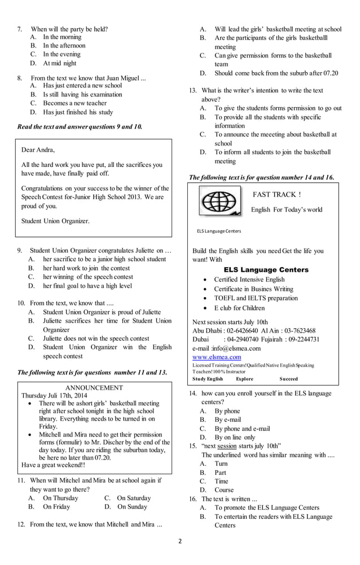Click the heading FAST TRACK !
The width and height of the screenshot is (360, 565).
coord(276,195)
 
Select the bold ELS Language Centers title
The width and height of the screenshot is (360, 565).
coord(266,270)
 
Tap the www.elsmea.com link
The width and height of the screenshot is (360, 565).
coord(217,357)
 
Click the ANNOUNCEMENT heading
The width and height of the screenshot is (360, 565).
coord(94,387)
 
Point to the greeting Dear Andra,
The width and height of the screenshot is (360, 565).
coord(38,149)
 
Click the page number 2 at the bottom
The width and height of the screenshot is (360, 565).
coord(180,541)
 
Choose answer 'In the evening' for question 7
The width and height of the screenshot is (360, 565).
coord(62,54)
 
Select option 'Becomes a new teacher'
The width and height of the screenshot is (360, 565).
coord(74,103)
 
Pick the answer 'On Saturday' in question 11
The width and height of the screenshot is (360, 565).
coord(133,498)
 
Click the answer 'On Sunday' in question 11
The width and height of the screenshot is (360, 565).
coord(131,506)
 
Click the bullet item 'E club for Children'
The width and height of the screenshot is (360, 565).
coord(239,308)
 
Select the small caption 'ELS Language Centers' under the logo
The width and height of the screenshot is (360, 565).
coord(218,231)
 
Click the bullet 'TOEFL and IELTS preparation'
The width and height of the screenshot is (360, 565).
coord(256,298)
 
